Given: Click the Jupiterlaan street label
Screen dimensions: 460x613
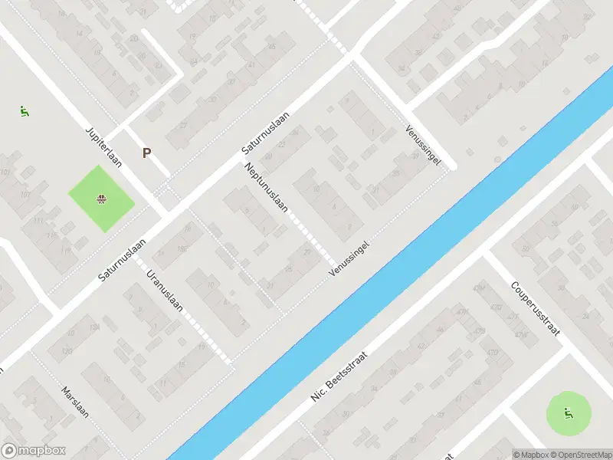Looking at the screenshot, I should (100, 143).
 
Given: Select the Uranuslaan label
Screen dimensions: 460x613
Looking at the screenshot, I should (165, 291).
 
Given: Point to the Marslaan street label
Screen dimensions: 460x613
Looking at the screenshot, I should (76, 401).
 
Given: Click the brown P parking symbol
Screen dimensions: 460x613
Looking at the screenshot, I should (146, 153).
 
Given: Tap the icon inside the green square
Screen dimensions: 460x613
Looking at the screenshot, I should (101, 201).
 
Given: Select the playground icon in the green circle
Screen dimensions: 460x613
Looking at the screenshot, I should (568, 415).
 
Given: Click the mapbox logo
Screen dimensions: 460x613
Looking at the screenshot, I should (34, 451).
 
